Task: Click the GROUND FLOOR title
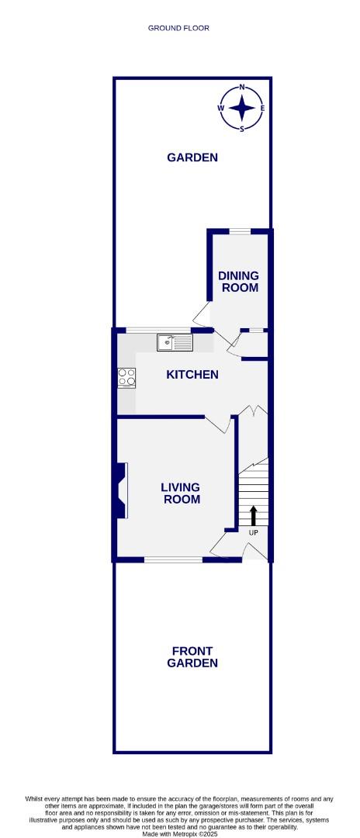pos(179,28)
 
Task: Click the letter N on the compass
pos(243,88)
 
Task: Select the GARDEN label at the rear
pos(192,158)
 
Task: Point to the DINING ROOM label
pos(238,282)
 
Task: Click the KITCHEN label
pos(192,375)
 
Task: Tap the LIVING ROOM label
pos(180,493)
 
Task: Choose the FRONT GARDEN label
pos(192,657)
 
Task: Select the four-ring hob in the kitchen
pos(126,377)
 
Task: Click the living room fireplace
pos(122,490)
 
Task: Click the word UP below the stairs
pos(253,533)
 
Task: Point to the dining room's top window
pos(240,230)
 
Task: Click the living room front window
pos(174,559)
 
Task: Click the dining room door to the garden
pos(202,313)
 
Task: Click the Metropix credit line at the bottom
pos(179,833)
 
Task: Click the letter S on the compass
pos(243,129)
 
